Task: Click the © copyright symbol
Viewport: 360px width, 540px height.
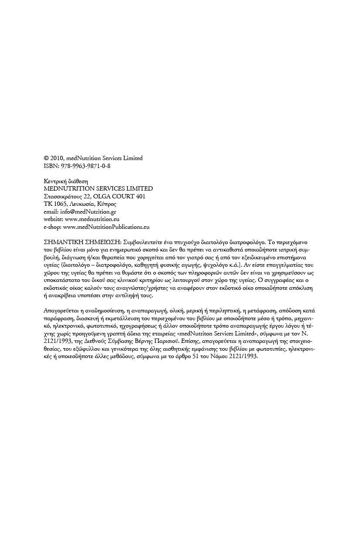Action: (x=47, y=158)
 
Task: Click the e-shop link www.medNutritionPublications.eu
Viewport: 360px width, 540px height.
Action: (x=106, y=227)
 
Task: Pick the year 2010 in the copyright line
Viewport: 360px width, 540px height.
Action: (x=58, y=158)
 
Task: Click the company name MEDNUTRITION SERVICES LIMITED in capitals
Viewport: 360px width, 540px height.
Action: (x=98, y=188)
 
